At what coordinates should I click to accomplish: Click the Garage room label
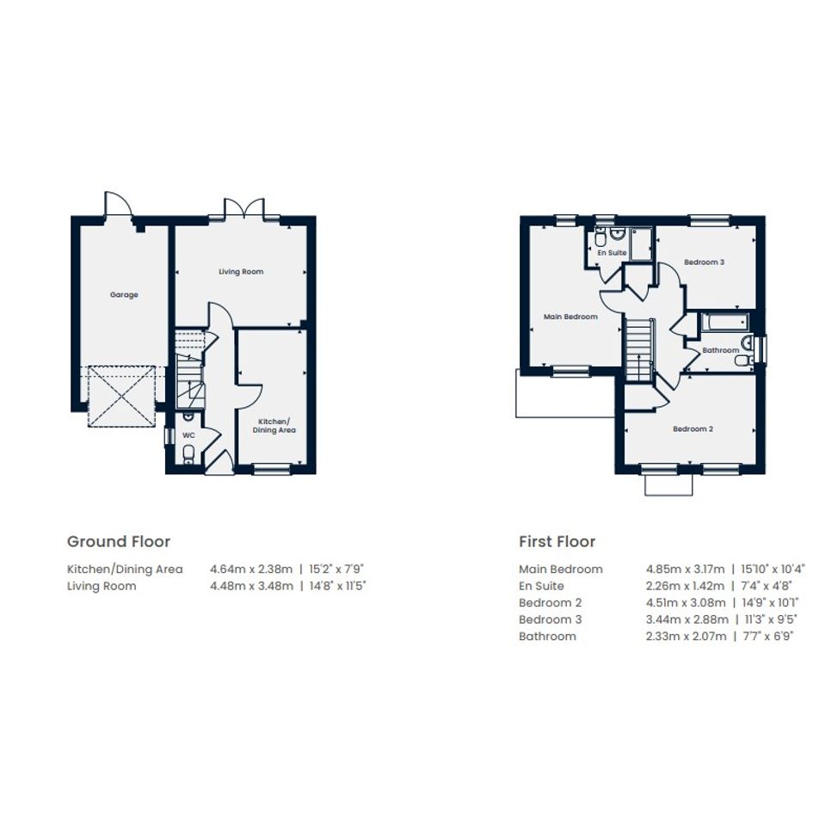pyautogui.click(x=124, y=294)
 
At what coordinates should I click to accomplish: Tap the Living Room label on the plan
pyautogui.click(x=241, y=271)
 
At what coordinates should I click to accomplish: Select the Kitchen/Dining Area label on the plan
pyautogui.click(x=274, y=426)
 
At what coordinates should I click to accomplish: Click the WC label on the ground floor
pyautogui.click(x=188, y=435)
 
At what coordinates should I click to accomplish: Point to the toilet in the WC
pyautogui.click(x=188, y=453)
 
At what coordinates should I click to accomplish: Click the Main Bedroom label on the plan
pyautogui.click(x=570, y=317)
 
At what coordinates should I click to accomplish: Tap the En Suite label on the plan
pyautogui.click(x=612, y=253)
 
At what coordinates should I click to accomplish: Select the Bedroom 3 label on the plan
pyautogui.click(x=704, y=262)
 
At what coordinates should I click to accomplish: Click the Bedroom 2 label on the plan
pyautogui.click(x=693, y=428)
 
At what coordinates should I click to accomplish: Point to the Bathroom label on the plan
pyautogui.click(x=721, y=350)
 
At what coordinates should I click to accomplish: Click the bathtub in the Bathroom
pyautogui.click(x=724, y=323)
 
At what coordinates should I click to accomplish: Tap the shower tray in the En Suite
pyautogui.click(x=641, y=243)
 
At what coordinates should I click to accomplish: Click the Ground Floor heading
pyautogui.click(x=119, y=541)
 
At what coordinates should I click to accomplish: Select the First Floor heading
pyautogui.click(x=557, y=541)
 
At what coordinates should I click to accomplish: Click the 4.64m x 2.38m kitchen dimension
pyautogui.click(x=251, y=569)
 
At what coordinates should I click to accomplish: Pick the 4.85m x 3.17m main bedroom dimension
pyautogui.click(x=685, y=569)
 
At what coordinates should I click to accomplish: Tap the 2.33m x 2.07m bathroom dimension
pyautogui.click(x=686, y=636)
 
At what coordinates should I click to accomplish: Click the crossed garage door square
pyautogui.click(x=122, y=397)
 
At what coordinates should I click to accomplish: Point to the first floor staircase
pyautogui.click(x=637, y=350)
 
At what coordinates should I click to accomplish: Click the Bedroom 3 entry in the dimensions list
pyautogui.click(x=550, y=619)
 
